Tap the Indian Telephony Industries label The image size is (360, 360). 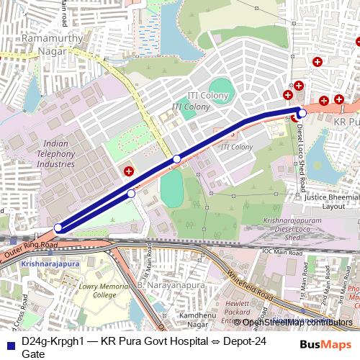pyautogui.click(x=55, y=154)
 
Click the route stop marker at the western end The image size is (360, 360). pyautogui.click(x=58, y=228)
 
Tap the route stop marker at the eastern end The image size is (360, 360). pyautogui.click(x=302, y=113)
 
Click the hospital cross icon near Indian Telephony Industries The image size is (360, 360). pyautogui.click(x=128, y=171)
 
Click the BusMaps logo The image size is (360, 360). pyautogui.click(x=325, y=344)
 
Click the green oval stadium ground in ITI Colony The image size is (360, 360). pyautogui.click(x=221, y=91)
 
